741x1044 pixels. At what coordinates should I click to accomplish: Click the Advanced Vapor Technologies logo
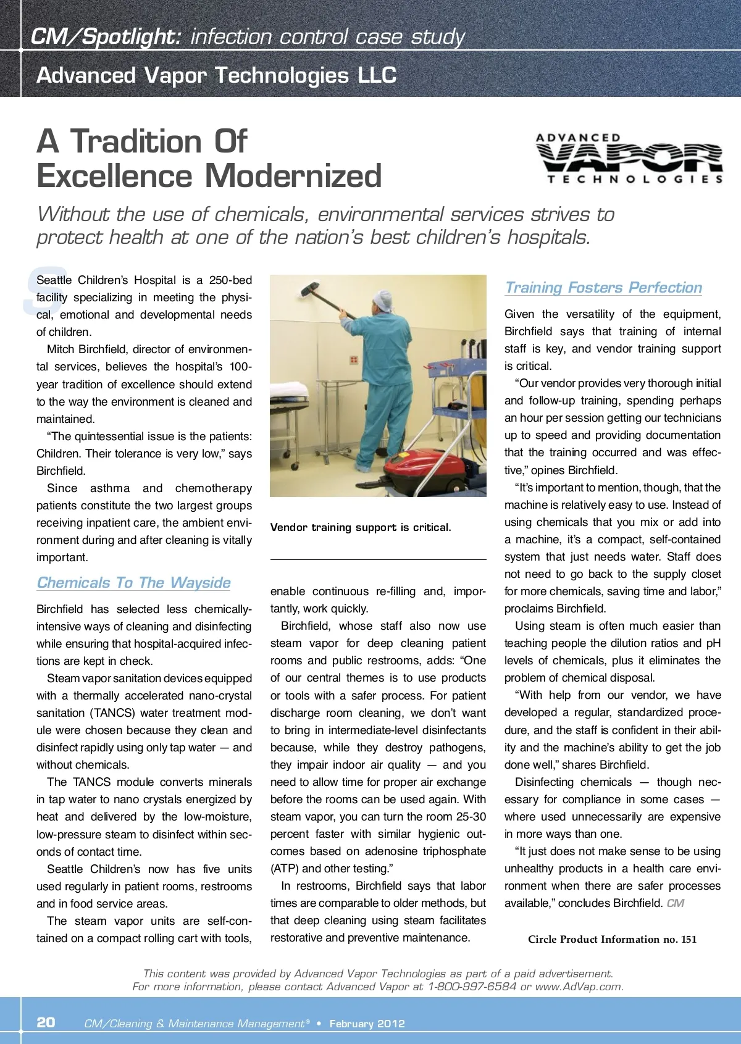point(629,158)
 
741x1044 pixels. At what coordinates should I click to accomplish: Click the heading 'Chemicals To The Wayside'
point(133,583)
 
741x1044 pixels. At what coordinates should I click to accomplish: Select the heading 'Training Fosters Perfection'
point(603,288)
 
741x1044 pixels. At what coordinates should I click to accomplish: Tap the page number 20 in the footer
point(46,1022)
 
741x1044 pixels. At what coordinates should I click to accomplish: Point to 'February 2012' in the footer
point(367,1024)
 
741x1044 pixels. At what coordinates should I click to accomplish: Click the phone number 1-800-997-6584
point(472,987)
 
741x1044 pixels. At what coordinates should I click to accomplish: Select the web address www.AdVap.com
point(579,987)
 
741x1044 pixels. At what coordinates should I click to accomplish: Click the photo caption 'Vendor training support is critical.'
point(361,527)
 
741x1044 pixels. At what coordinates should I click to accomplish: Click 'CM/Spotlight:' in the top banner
point(106,37)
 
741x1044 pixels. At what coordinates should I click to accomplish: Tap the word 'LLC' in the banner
point(377,75)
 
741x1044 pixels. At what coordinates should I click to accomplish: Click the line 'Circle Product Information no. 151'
point(612,940)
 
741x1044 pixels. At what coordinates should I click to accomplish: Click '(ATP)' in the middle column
point(285,869)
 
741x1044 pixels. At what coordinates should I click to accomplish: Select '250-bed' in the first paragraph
point(230,280)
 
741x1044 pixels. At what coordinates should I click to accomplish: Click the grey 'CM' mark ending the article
point(675,903)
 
